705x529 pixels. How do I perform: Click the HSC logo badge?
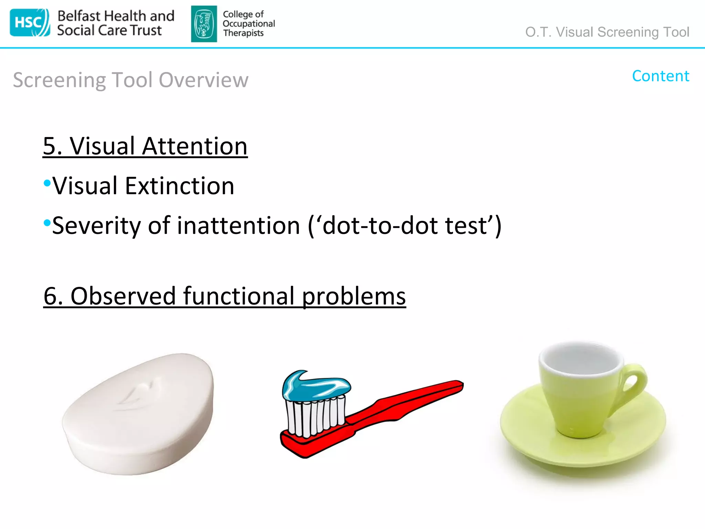coord(30,23)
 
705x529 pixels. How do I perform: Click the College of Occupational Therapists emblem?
coord(204,24)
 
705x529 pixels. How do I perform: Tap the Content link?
coord(660,76)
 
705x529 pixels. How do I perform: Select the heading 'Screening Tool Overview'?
coord(130,80)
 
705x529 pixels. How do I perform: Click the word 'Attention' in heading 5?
coord(194,146)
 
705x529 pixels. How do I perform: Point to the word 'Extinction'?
coord(179,186)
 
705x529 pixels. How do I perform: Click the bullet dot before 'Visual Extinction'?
coord(47,183)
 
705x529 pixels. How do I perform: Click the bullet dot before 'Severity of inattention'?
coord(47,222)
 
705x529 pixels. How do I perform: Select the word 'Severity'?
coord(97,226)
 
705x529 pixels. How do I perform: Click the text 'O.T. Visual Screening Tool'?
coord(607,32)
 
